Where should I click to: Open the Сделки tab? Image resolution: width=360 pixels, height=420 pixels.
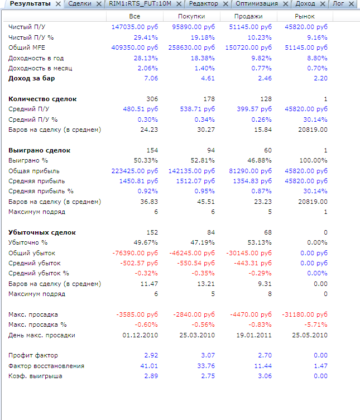point(79,4)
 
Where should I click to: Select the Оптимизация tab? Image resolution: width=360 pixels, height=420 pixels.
point(256,4)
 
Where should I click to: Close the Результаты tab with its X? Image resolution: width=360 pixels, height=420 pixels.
point(58,4)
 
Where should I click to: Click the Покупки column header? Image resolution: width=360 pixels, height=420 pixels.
point(191,17)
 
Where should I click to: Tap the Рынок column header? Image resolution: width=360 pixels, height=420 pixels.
point(305,17)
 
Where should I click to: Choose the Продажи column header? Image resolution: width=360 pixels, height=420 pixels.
point(248,17)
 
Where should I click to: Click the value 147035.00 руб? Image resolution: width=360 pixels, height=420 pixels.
point(135,27)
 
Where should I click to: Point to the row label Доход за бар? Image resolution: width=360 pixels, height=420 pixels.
point(31,78)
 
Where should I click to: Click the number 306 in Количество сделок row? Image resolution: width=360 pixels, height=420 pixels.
point(152,99)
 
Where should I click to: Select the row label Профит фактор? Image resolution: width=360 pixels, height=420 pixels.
point(33,355)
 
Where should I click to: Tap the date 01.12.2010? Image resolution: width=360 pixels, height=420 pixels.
point(140,335)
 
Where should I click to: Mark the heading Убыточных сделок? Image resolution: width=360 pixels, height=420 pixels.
point(42,232)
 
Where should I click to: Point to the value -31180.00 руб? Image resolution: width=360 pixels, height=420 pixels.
point(305,314)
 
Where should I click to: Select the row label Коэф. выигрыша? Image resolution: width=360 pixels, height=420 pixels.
point(35,376)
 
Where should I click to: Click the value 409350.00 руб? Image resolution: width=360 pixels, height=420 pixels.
point(135,47)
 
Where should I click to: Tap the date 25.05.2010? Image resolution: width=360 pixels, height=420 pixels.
point(310,335)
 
